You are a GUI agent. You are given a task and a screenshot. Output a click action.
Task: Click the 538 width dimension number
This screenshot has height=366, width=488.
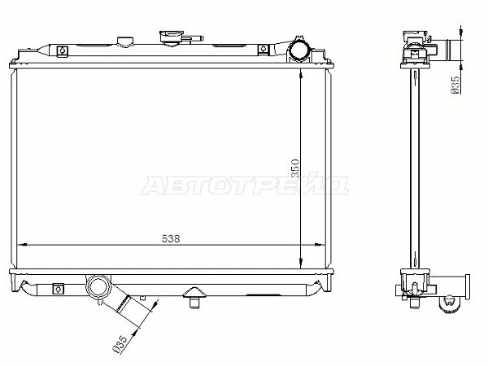tap(171, 238)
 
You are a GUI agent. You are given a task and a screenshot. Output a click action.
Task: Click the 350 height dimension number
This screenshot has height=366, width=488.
tap(295, 168)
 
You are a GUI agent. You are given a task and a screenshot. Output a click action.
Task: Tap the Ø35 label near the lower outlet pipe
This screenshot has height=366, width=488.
tap(120, 344)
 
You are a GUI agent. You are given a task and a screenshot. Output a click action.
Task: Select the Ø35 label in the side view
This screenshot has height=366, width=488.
tap(455, 85)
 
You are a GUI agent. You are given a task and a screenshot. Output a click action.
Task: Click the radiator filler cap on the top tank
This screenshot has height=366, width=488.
tap(171, 38)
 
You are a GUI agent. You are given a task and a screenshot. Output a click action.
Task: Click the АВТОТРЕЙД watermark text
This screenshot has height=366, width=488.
tap(245, 185)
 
